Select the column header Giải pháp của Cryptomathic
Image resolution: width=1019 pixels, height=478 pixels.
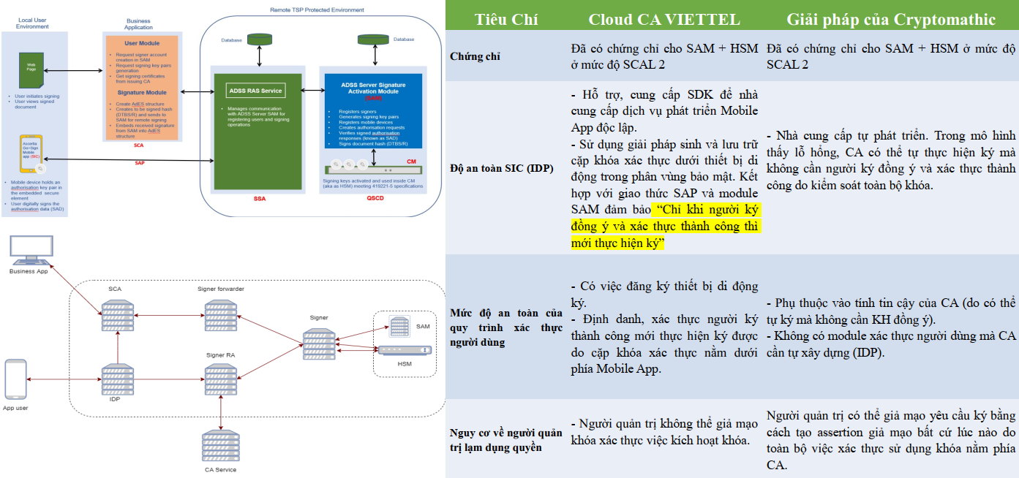(x=891, y=20)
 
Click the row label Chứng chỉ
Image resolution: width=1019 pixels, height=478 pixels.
(x=475, y=56)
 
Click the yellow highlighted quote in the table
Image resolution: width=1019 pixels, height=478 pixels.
(x=666, y=227)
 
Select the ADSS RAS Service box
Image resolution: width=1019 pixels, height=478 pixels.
(x=255, y=91)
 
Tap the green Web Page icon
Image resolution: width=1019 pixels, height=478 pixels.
(x=31, y=69)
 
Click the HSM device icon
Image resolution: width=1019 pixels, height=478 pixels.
(x=404, y=351)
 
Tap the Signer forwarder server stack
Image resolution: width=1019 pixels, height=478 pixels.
(x=220, y=314)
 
